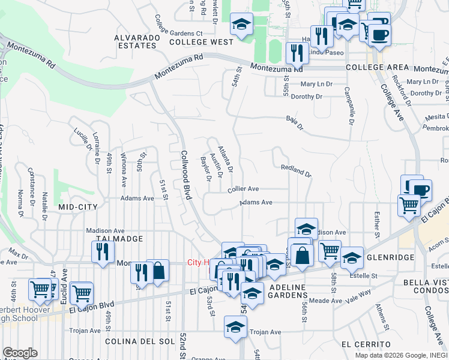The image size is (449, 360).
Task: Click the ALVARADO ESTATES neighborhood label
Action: [138, 41]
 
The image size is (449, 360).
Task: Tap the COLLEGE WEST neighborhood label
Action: [201, 42]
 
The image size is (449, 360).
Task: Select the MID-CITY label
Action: [77, 206]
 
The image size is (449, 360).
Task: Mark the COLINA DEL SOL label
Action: [139, 341]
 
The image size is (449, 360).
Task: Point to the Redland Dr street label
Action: [296, 172]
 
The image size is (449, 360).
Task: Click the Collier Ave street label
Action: [243, 188]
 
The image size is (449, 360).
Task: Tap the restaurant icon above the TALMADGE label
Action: [103, 251]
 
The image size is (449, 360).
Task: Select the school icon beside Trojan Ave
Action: [235, 327]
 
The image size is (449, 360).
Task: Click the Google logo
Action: [20, 353]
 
